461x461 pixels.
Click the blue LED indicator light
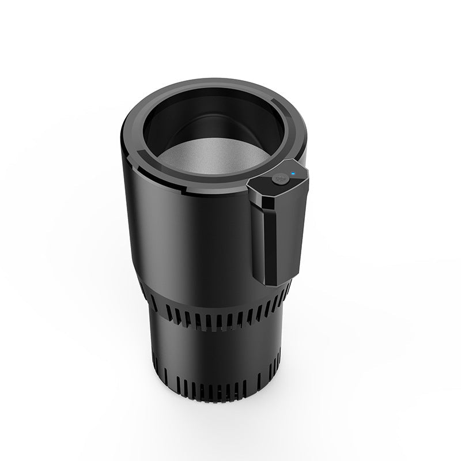293,172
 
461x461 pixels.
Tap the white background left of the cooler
58,231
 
